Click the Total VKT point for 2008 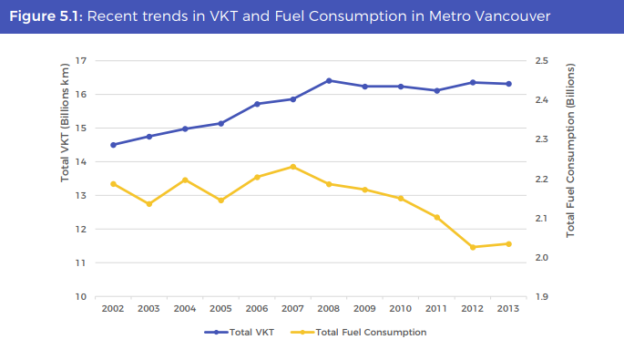click(329, 80)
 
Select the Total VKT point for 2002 click(113, 145)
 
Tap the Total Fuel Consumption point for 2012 click(473, 247)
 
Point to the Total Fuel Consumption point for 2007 click(292, 167)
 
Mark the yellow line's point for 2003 click(148, 204)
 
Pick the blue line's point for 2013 click(508, 84)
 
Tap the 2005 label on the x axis click(220, 309)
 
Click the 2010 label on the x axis click(401, 309)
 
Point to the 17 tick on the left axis click(81, 60)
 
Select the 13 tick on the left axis click(81, 195)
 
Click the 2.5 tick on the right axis click(542, 60)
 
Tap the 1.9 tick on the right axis click(542, 297)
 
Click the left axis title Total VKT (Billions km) click(65, 123)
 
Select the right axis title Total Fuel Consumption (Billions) click(571, 151)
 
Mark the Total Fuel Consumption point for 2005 click(220, 201)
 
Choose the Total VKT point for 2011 click(436, 90)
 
